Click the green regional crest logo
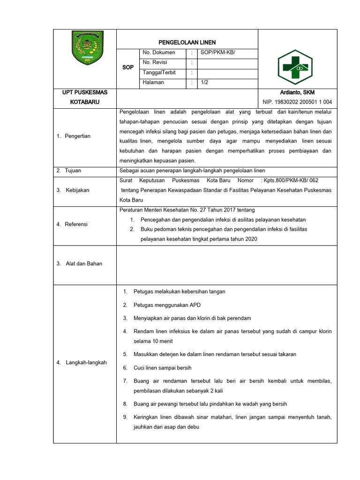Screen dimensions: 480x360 pyautogui.click(x=85, y=47)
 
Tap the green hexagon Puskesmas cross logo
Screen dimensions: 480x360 pyautogui.click(x=293, y=67)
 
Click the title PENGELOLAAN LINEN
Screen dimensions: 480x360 pyautogui.click(x=187, y=43)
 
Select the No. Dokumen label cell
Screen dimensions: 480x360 pyautogui.click(x=159, y=52)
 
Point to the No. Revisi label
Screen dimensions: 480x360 pyautogui.click(x=155, y=62)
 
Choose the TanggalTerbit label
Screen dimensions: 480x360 pyautogui.click(x=158, y=72)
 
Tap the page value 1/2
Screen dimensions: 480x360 pyautogui.click(x=204, y=82)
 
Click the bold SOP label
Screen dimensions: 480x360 pyautogui.click(x=128, y=67)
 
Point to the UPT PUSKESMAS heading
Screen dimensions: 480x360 pyautogui.click(x=85, y=93)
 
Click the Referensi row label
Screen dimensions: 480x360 pyautogui.click(x=76, y=225)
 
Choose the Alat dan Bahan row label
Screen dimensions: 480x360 pyautogui.click(x=82, y=263)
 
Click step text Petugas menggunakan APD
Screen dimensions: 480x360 pyautogui.click(x=167, y=305)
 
